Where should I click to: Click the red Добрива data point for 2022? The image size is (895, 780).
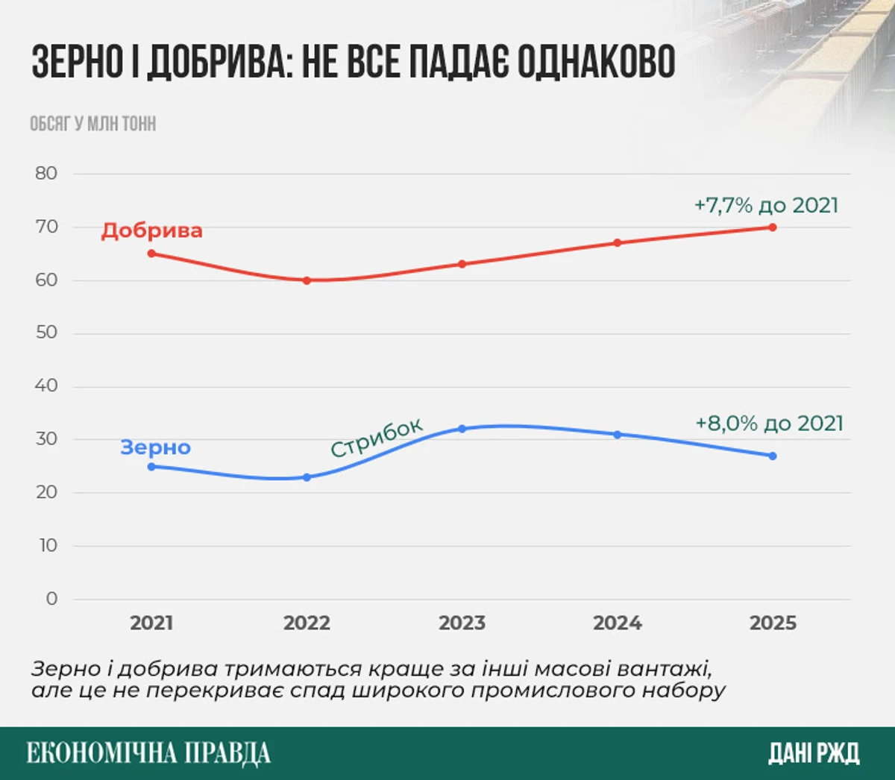coord(307,280)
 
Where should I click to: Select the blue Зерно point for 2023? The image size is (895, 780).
coord(462,429)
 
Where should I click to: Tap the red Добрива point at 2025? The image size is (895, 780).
coord(772,227)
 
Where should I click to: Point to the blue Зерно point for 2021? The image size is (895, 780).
coord(151,467)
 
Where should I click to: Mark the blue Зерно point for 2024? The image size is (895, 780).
coord(617,434)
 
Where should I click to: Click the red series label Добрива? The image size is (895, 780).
coord(151,230)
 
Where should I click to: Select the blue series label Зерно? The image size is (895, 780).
coord(155,447)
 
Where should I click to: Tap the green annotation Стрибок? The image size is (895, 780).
coord(376,437)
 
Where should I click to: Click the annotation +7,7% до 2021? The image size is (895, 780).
coord(766,205)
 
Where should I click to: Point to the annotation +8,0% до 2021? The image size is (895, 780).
coord(769,424)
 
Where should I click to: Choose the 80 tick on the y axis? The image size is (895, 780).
coord(46,173)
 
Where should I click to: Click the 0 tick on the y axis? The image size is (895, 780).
coord(51,599)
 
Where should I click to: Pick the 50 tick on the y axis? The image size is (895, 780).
coord(46,333)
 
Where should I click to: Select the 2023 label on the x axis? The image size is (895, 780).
coord(462,623)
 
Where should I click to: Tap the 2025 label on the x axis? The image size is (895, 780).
coord(773,623)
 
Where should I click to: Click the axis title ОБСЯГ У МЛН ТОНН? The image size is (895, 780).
coord(92,124)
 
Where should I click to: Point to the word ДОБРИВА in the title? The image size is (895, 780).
coord(217,62)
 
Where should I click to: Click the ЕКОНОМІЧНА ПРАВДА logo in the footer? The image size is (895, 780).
coord(148,753)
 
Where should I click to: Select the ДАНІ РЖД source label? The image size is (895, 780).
coord(814,753)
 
